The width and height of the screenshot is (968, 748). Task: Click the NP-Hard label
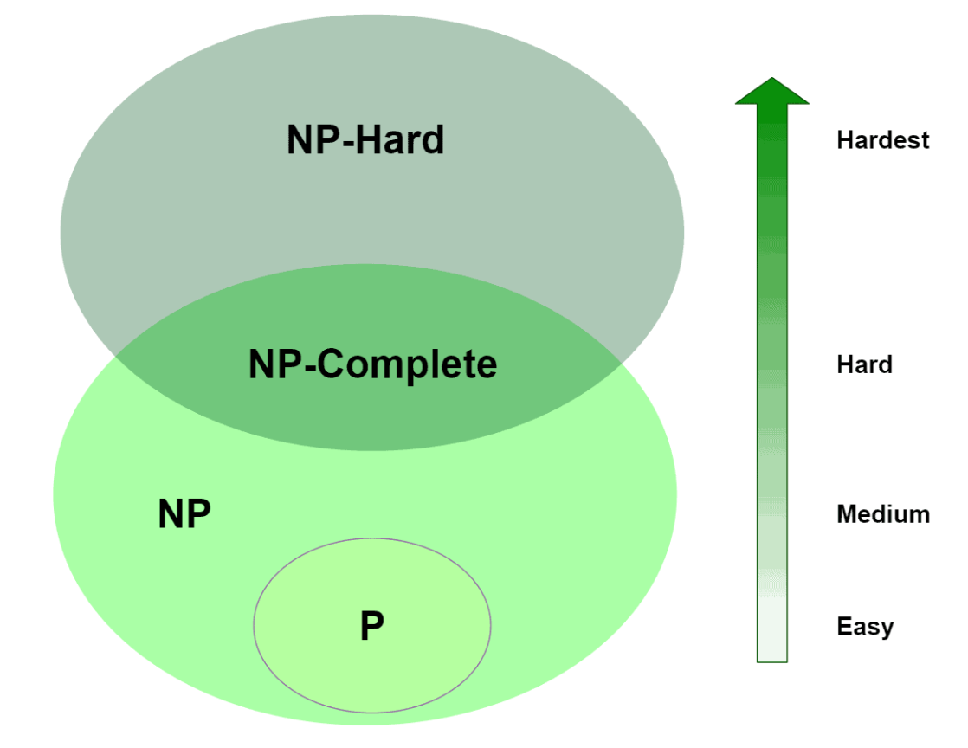point(365,140)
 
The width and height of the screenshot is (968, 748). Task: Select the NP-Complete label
point(372,364)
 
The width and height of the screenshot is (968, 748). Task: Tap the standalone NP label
point(184,514)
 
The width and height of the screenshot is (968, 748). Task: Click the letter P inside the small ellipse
point(371,626)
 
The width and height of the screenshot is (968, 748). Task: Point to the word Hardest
point(882,140)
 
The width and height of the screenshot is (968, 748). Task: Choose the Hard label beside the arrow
point(864,364)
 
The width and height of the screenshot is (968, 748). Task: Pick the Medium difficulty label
point(882,514)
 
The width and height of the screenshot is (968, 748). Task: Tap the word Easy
point(864,626)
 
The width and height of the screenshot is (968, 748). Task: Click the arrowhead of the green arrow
point(771,92)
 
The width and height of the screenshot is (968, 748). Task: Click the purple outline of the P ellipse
point(254,625)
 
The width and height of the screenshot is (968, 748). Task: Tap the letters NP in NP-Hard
point(309,140)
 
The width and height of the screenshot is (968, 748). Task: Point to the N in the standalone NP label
point(171,514)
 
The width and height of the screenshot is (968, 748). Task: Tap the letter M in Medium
point(847,514)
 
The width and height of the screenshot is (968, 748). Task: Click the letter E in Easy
point(843,626)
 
